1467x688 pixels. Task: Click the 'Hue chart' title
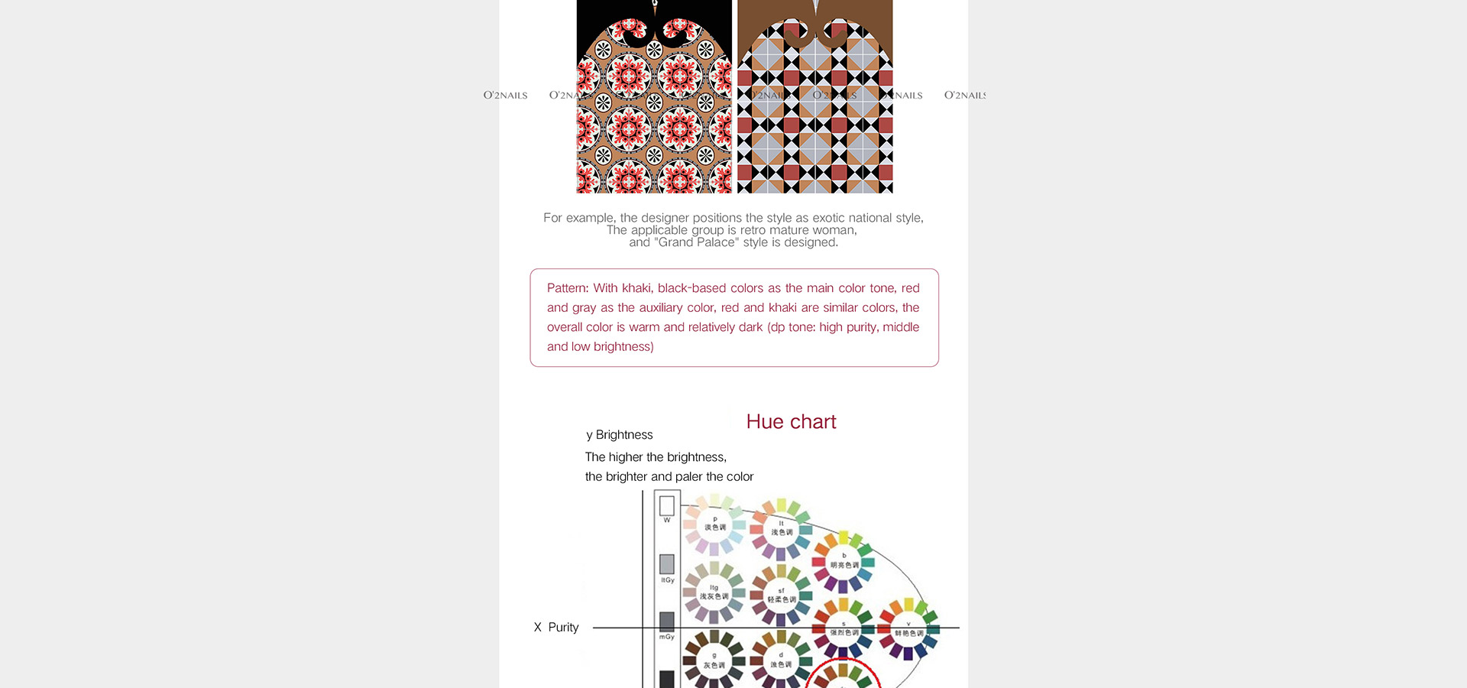[x=791, y=422]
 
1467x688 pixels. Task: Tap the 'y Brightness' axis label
[x=620, y=435]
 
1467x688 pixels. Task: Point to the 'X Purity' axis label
[x=556, y=628]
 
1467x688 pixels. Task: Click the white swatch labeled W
[x=667, y=505]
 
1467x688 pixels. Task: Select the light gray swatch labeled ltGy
[x=667, y=564]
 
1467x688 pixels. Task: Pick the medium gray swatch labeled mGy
[x=667, y=621]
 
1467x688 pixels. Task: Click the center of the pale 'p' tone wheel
[x=714, y=524]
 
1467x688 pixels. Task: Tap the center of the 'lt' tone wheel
[x=781, y=528]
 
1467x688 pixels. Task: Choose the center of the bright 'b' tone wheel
[x=844, y=562]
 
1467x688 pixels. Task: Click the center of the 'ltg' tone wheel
[x=714, y=593]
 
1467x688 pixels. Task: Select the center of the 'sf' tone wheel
[x=781, y=596]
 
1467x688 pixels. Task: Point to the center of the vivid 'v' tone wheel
[x=908, y=630]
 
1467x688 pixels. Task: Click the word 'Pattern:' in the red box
[x=568, y=288]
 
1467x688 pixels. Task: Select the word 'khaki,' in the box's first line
[x=637, y=288]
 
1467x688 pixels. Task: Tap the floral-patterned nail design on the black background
[x=654, y=107]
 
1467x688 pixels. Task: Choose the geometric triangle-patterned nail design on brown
[x=814, y=107]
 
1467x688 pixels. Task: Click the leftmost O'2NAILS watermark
[x=505, y=96]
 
